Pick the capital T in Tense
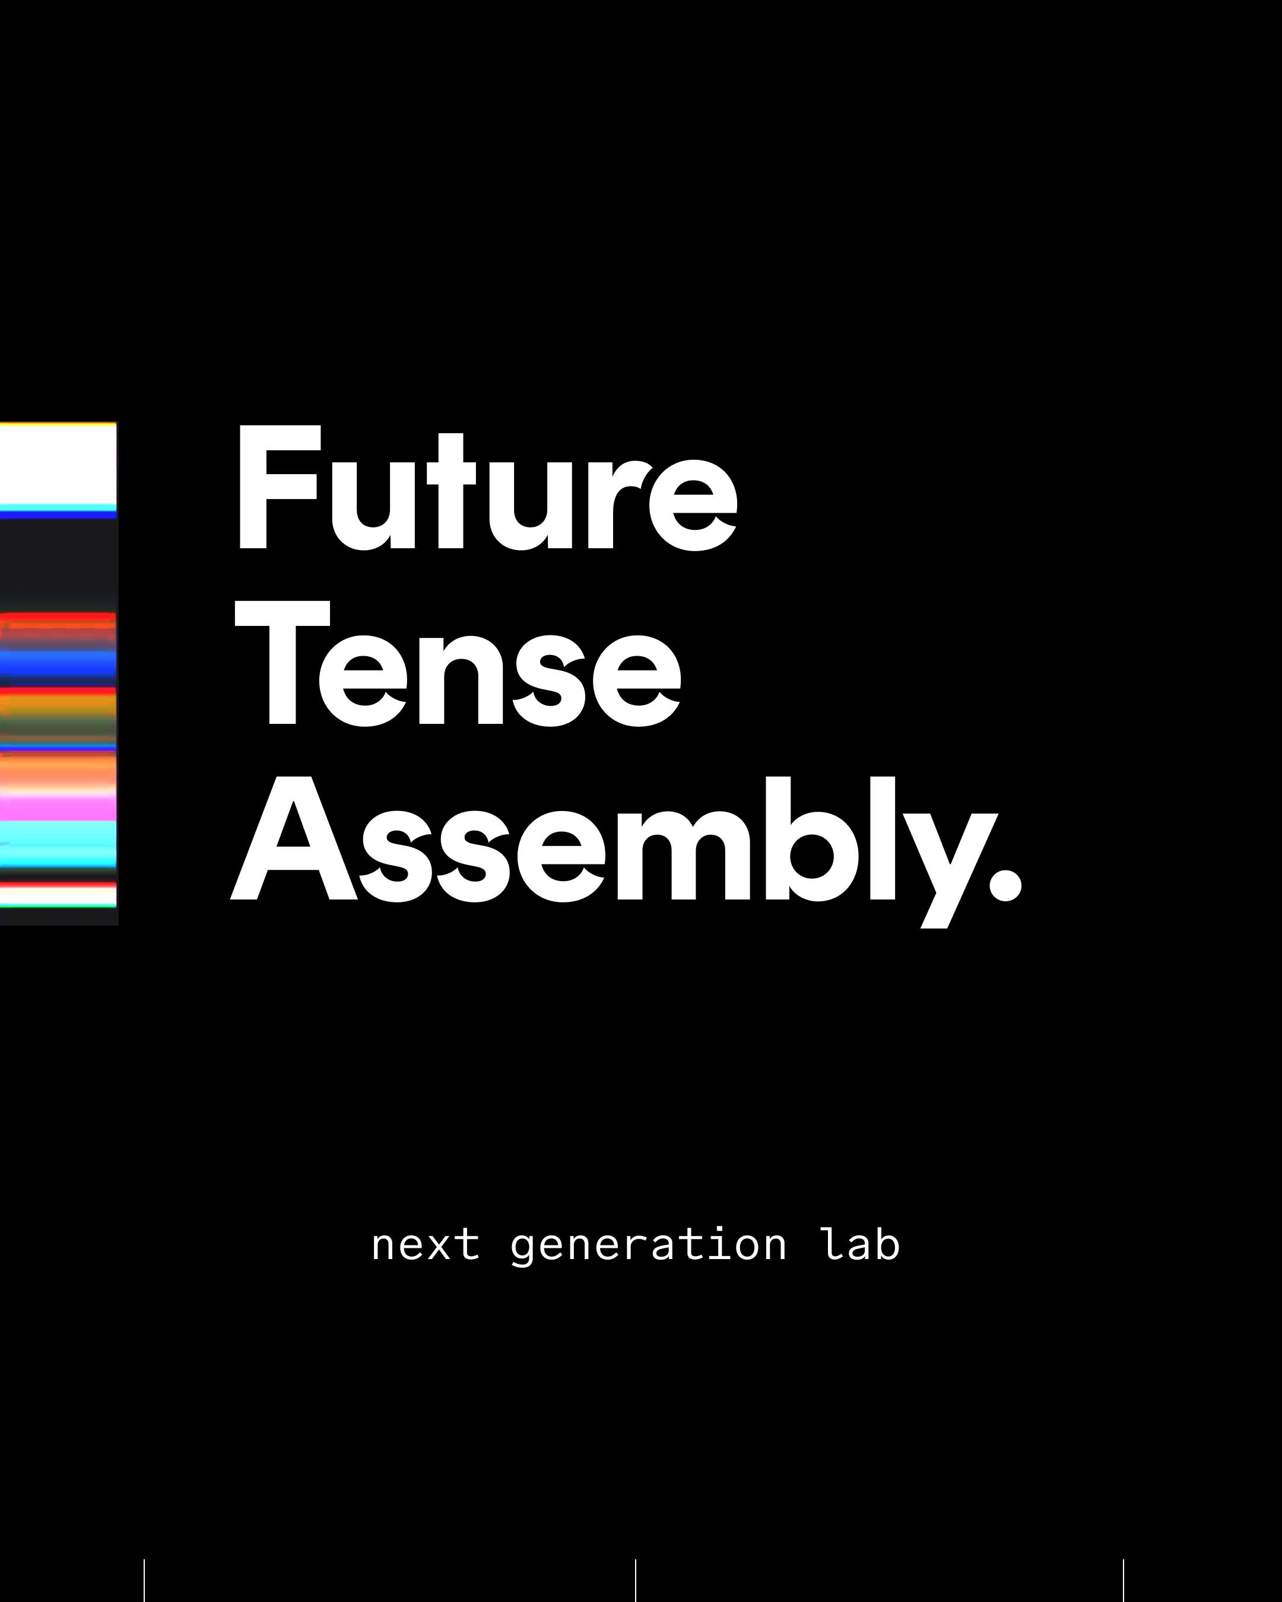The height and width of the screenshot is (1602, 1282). tap(282, 663)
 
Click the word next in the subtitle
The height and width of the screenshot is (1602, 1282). tap(425, 1245)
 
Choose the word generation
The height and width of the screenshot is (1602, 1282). tap(648, 1246)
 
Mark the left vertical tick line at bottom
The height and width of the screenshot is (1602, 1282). tap(144, 1581)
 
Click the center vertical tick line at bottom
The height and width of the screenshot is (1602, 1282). tap(636, 1581)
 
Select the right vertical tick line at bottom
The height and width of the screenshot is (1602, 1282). tap(1123, 1581)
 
